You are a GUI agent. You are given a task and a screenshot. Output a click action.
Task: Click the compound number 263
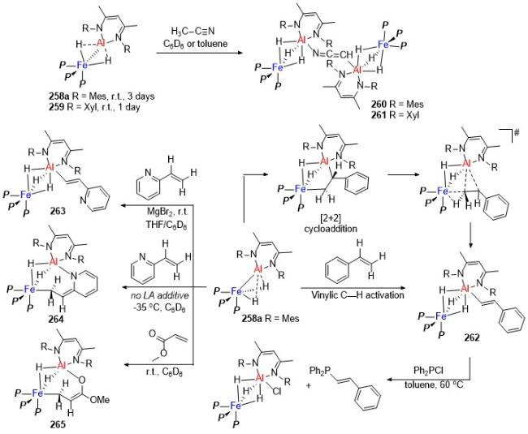[57, 211]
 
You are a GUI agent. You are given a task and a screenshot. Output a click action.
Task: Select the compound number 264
[55, 318]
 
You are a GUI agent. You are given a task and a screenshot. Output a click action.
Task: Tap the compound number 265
[58, 424]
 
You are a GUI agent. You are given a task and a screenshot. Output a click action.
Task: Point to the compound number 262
[471, 337]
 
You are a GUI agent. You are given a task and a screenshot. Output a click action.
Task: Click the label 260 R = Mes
[397, 104]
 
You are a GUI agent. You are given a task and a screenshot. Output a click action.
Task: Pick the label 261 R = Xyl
[396, 114]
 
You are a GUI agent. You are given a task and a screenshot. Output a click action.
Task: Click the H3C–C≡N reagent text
[193, 32]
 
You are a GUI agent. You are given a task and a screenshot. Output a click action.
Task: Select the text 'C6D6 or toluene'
[195, 44]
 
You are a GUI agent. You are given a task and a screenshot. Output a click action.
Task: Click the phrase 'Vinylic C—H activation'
[357, 295]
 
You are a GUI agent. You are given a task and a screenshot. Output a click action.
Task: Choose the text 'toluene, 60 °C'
[434, 384]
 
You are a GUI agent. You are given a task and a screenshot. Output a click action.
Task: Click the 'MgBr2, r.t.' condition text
[167, 212]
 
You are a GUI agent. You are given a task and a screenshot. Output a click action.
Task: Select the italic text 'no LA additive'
[160, 295]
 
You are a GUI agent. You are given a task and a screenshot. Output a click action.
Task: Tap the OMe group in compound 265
[100, 399]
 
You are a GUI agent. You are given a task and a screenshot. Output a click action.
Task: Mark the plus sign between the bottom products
[309, 385]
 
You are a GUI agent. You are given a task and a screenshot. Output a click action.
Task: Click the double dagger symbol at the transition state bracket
[517, 134]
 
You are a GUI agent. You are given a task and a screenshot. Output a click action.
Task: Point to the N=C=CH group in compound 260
[332, 54]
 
